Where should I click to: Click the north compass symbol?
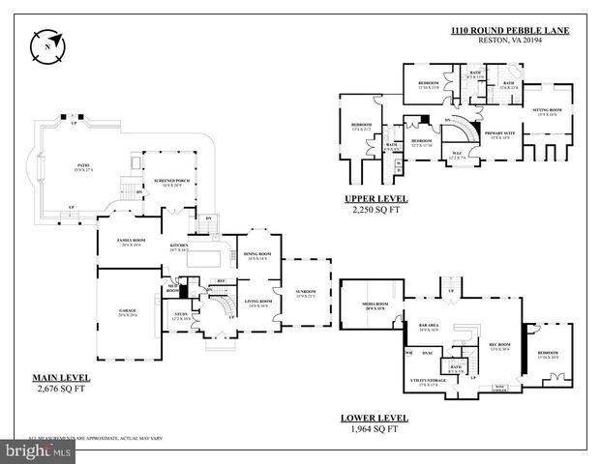point(47,44)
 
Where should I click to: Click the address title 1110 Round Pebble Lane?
point(510,31)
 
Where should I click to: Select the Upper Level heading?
point(376,199)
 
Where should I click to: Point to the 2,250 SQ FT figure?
point(376,209)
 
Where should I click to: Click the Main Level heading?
point(61,377)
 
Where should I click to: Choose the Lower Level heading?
point(374,419)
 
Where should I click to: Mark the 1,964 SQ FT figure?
point(374,429)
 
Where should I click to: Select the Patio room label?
point(84,166)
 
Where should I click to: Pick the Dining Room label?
point(257,254)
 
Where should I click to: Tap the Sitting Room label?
point(548,110)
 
